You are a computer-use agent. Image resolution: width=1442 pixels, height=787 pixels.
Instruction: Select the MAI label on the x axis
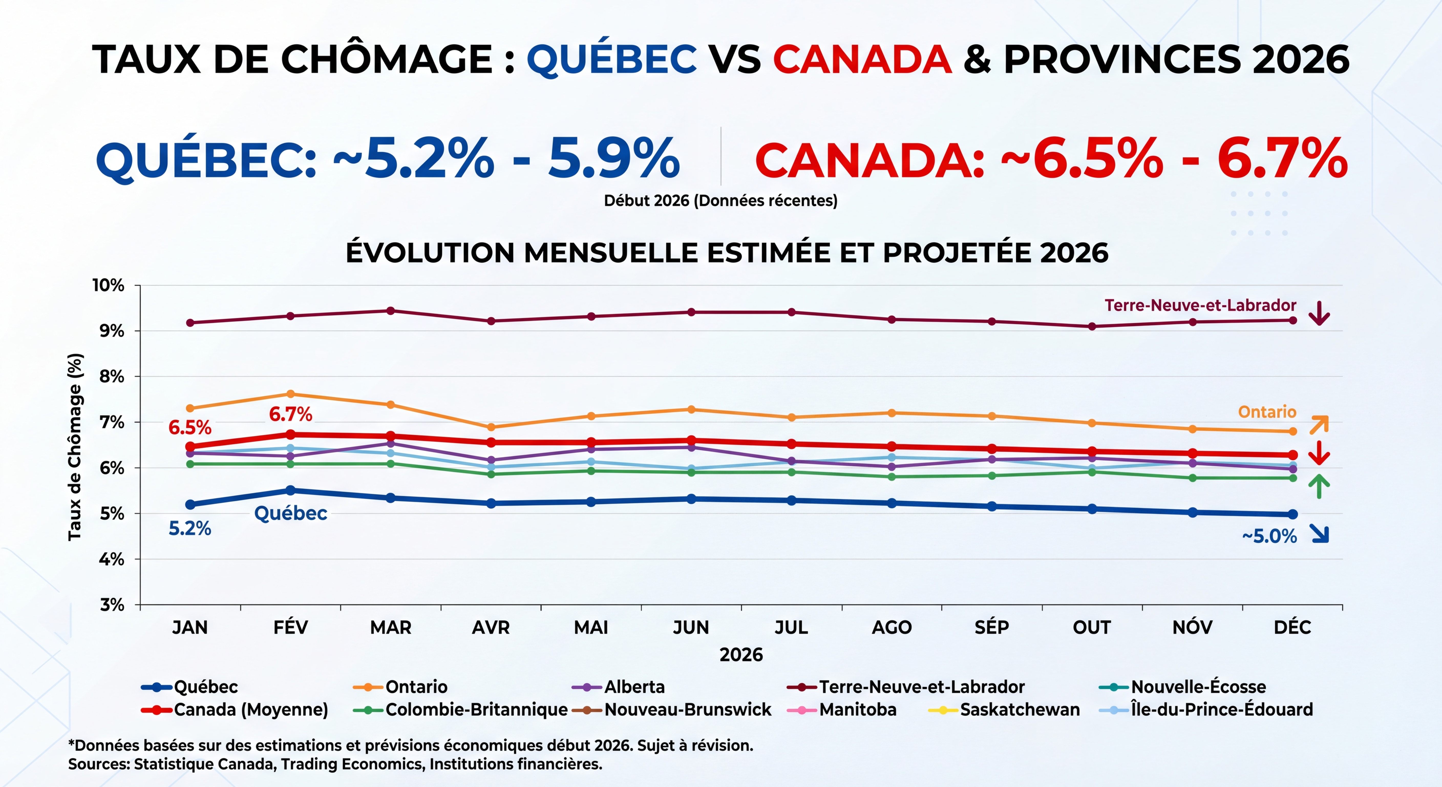point(591,627)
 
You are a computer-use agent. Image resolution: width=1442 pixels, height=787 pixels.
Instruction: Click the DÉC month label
point(1292,627)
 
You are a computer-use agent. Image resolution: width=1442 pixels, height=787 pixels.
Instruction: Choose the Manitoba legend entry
point(857,710)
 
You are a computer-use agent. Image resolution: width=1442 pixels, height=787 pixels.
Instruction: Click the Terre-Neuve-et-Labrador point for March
point(391,311)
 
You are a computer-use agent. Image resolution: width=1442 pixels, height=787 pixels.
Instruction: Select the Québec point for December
point(1292,514)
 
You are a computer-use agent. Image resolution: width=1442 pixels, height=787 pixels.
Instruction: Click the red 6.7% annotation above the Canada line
point(291,415)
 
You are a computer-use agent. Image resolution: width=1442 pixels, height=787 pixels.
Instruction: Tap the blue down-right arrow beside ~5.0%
point(1319,534)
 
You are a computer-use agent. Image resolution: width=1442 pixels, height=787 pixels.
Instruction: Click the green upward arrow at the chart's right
point(1319,486)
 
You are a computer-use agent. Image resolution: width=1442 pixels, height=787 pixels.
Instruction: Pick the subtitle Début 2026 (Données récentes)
point(720,201)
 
